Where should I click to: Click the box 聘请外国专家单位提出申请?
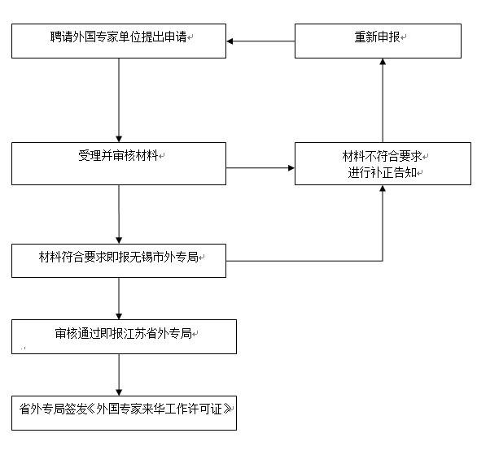119,41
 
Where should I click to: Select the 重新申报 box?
378,41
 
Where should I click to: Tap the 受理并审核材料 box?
119,163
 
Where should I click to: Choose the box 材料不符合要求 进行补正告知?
383,163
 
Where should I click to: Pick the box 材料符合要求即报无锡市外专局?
119,261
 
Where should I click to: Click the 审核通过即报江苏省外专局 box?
124,336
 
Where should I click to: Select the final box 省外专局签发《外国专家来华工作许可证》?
124,413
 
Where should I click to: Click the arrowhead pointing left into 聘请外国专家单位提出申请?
230,41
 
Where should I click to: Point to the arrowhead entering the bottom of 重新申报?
383,62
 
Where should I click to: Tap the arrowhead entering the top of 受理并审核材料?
119,139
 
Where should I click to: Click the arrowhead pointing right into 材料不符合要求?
291,167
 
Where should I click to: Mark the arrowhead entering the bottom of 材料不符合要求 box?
383,188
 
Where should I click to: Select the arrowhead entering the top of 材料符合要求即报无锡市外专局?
119,240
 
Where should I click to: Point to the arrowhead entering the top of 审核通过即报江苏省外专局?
119,316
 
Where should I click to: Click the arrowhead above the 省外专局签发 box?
119,392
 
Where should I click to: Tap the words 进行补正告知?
382,173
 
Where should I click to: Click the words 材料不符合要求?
382,156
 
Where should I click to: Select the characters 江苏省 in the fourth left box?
141,333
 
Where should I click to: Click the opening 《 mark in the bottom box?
90,409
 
